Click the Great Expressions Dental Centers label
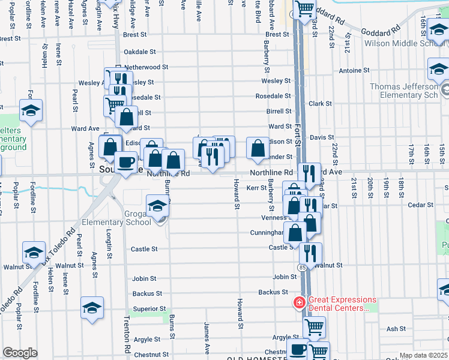[x=342, y=304]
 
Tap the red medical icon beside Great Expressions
[x=299, y=303]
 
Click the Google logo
[x=20, y=353]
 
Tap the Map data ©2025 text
[x=423, y=355]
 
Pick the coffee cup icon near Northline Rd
[x=125, y=162]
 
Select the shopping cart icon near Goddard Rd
[x=305, y=8]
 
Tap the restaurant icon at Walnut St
[x=310, y=251]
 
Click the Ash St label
[x=396, y=329]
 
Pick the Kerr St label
[x=256, y=188]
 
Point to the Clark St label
[x=316, y=104]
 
